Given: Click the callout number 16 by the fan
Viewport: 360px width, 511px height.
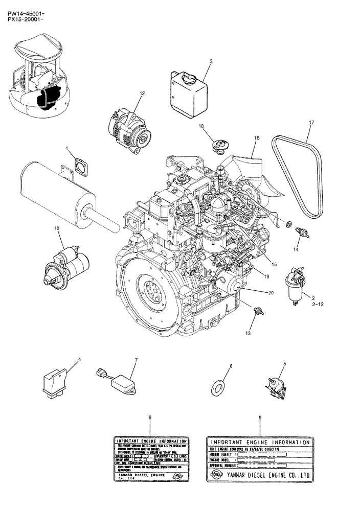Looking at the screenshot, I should point(257,137).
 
